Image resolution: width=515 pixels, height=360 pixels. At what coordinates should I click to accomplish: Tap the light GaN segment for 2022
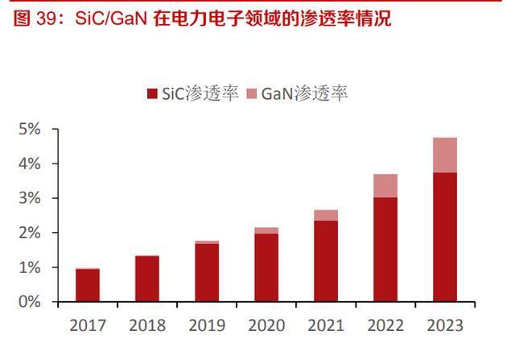[385, 185]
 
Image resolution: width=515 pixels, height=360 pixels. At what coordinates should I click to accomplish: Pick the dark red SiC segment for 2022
[385, 250]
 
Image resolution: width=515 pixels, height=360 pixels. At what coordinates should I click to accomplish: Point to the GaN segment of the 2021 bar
[326, 215]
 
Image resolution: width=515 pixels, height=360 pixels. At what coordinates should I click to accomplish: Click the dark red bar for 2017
[88, 285]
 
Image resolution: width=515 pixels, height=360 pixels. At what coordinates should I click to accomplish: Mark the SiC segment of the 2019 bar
[207, 272]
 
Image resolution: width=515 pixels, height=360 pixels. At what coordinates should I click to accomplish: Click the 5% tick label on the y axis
[30, 129]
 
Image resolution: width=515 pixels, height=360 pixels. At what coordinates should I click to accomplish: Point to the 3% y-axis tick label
[30, 198]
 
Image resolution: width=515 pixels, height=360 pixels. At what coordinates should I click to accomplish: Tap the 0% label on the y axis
[30, 302]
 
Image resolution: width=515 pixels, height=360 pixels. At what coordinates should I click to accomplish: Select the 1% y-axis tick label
[30, 267]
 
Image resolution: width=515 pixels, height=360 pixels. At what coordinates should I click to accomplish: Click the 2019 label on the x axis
[207, 325]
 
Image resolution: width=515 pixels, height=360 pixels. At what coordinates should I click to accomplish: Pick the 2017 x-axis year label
[88, 325]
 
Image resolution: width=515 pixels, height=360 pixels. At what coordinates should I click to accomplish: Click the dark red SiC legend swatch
[152, 94]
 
